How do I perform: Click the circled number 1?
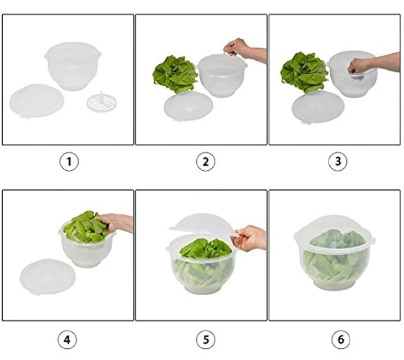(x=69, y=162)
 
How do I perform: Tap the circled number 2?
(x=206, y=162)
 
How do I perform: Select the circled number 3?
(x=338, y=162)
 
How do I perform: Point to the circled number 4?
(x=67, y=340)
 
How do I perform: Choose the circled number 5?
(x=206, y=340)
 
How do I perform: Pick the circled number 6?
(x=341, y=340)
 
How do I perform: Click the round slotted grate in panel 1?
(x=101, y=101)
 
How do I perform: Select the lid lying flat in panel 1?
(x=37, y=101)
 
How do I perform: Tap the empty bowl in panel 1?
(x=73, y=66)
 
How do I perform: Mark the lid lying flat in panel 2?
(x=188, y=106)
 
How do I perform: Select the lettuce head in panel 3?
(x=304, y=71)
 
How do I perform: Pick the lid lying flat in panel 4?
(x=48, y=276)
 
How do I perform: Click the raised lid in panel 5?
(x=203, y=224)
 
